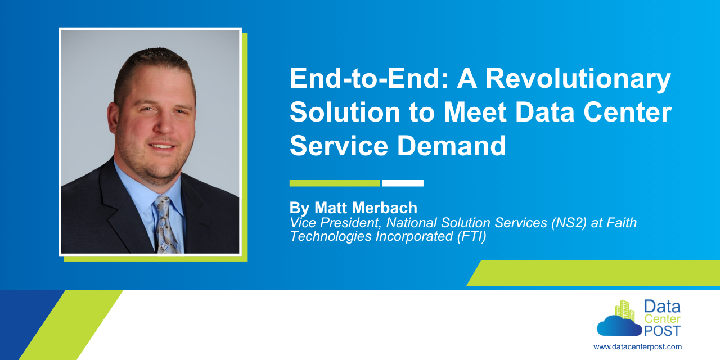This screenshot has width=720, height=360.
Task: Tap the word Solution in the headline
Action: coord(345,112)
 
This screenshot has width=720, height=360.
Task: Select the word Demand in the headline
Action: coord(452,146)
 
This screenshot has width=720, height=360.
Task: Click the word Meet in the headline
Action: coord(475,112)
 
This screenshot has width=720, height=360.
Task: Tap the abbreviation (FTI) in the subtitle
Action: coord(471,236)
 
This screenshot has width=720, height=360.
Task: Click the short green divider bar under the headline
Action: coord(335,183)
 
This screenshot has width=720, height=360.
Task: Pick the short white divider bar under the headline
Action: coord(403,183)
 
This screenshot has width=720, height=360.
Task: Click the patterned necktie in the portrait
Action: coord(166,225)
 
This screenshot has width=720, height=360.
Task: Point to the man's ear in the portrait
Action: coord(112,118)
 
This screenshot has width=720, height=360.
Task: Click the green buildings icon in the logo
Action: coord(625,310)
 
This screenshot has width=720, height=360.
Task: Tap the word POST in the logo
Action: coord(662,331)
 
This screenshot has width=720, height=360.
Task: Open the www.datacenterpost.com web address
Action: coord(637,347)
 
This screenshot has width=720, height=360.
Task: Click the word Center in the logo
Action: coord(662,319)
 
